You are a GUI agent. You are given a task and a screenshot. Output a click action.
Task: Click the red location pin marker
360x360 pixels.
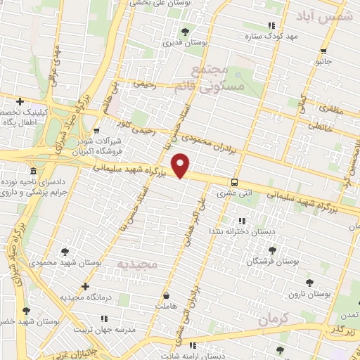point(181,166)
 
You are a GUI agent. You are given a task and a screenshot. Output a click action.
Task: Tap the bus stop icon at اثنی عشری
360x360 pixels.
point(234,180)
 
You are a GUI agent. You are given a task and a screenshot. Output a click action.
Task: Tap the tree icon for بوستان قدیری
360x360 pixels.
point(185,31)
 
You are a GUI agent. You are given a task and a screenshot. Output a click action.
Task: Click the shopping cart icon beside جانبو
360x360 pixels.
point(323,50)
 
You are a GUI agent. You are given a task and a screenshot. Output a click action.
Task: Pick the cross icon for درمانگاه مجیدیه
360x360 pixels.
point(85,286)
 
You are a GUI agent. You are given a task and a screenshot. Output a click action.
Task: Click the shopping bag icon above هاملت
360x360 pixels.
point(167,296)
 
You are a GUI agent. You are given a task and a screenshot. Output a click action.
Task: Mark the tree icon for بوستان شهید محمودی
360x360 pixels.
point(65,251)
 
